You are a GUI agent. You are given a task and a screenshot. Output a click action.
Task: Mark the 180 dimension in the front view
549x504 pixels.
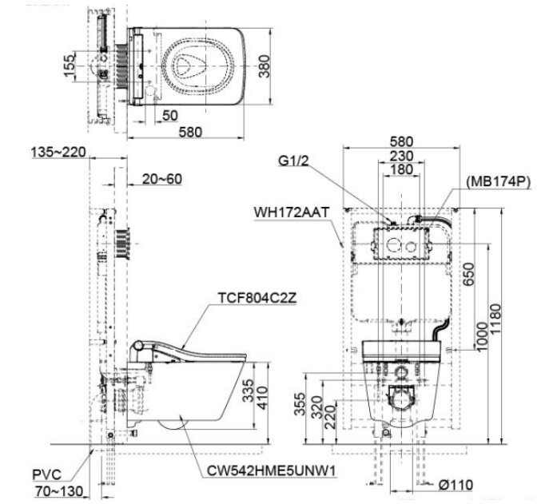[401, 171]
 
